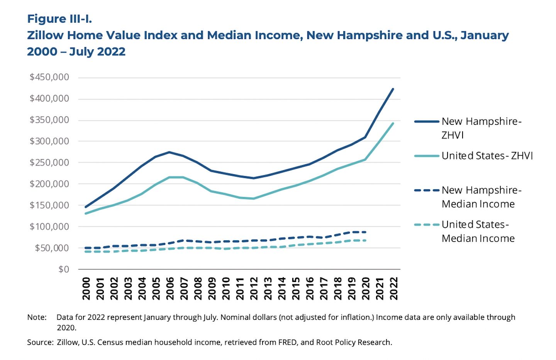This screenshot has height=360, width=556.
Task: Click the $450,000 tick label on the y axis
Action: [49, 77]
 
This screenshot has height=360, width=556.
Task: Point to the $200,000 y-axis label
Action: [49, 184]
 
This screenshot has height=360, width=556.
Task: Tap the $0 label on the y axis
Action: [64, 269]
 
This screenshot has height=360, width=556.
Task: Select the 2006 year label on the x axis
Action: [170, 288]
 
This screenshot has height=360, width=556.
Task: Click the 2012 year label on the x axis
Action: [254, 288]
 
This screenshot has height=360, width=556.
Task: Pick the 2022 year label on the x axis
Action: [393, 288]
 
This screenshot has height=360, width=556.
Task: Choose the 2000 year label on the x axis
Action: [86, 288]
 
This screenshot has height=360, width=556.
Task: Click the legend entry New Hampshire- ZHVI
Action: [481, 128]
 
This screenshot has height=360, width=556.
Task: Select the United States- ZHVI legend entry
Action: [487, 156]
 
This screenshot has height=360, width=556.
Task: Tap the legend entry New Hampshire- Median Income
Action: [481, 197]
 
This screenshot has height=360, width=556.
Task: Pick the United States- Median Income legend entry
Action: [478, 231]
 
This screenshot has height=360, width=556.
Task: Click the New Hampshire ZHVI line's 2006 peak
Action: [170, 152]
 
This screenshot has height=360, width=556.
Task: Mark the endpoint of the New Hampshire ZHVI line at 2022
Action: [393, 89]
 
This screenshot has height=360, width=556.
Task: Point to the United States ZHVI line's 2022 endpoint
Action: [393, 123]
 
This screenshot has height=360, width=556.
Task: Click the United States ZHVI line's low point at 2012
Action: [254, 199]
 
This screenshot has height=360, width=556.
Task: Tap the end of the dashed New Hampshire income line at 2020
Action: [365, 232]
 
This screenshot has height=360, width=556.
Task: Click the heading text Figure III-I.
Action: [59, 19]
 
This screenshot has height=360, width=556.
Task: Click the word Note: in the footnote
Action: [37, 317]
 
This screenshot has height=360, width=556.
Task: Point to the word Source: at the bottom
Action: [40, 342]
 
